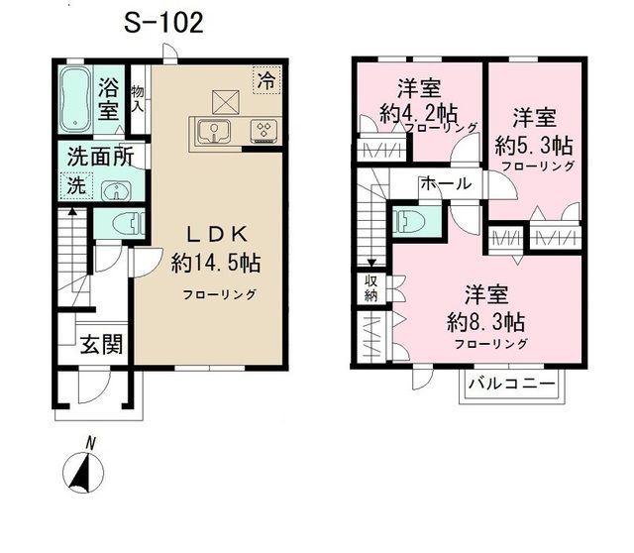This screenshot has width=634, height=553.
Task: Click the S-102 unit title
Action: click(163, 23)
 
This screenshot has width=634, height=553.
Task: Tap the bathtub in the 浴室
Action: click(75, 99)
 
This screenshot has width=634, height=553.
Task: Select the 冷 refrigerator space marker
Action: click(266, 79)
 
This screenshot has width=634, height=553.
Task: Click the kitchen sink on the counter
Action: click(214, 132)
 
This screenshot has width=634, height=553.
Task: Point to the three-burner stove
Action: click(264, 131)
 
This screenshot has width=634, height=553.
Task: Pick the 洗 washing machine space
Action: click(76, 186)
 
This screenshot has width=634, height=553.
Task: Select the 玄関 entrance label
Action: click(101, 345)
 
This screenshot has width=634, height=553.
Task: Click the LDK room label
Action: click(216, 235)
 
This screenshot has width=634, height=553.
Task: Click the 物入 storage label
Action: click(138, 99)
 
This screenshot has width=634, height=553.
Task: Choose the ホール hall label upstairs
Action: click(446, 183)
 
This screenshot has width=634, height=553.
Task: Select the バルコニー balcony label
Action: click(511, 384)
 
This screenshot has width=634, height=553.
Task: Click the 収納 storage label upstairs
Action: click(370, 288)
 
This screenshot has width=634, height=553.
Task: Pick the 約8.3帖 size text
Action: click(486, 323)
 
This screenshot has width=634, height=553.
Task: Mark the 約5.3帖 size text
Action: click(534, 146)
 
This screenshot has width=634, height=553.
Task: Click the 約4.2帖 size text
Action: click(419, 114)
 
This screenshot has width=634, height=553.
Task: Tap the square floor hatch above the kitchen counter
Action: click(225, 102)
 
